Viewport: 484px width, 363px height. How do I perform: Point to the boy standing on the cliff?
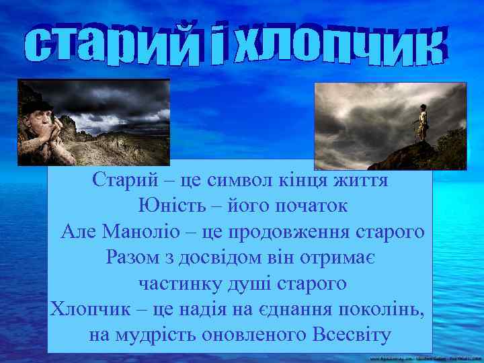point(422,123)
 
